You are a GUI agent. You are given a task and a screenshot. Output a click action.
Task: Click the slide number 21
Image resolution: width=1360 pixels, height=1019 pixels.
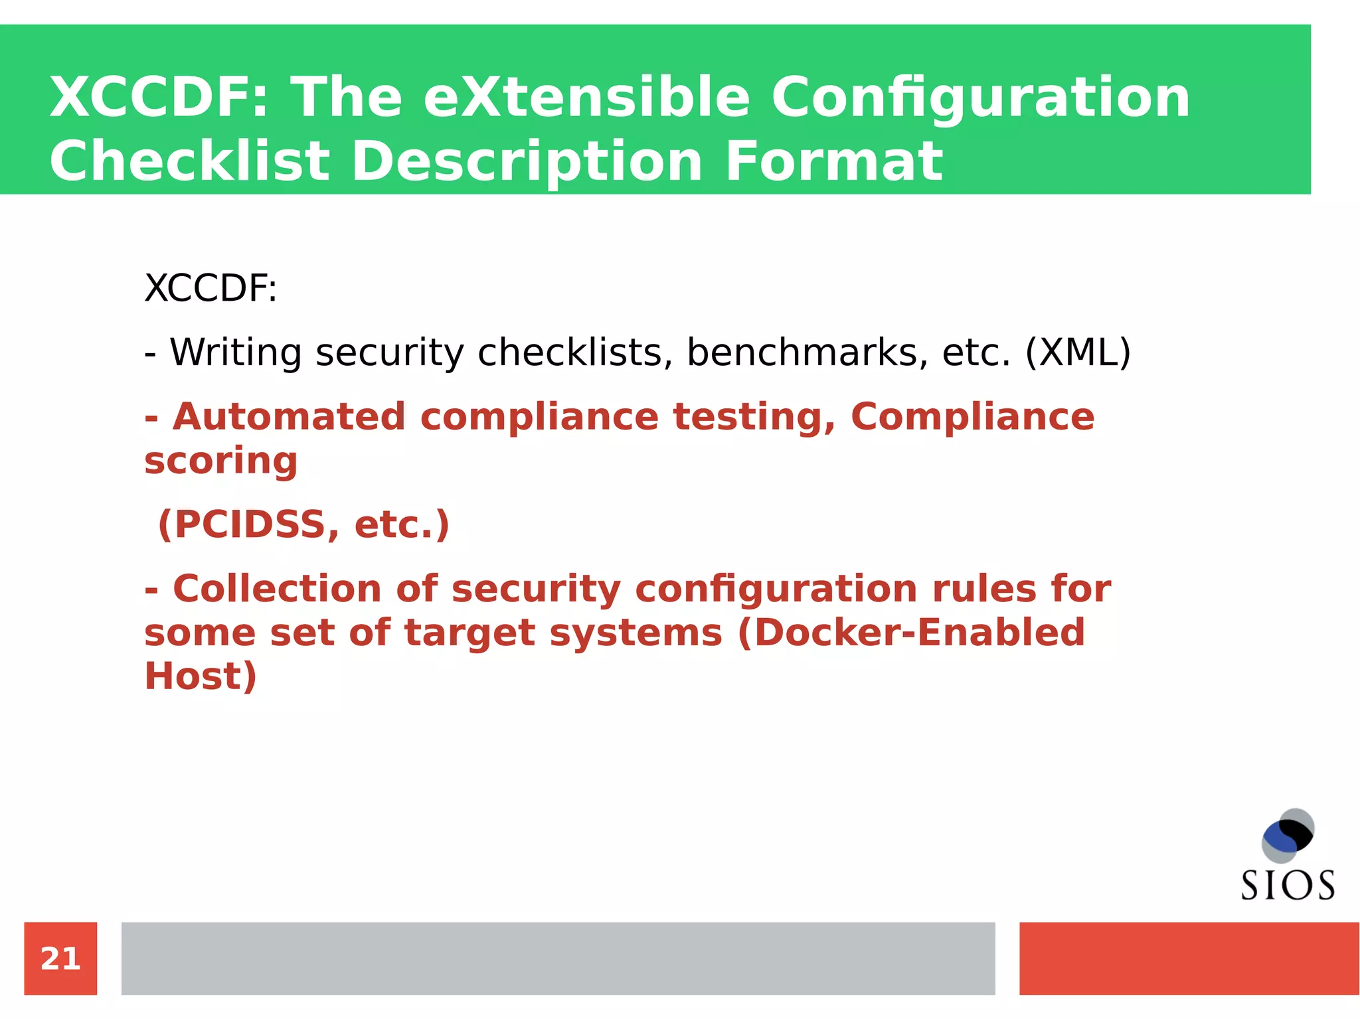coord(60,959)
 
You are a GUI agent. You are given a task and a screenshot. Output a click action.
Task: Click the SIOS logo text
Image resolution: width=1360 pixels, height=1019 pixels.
coord(1288,886)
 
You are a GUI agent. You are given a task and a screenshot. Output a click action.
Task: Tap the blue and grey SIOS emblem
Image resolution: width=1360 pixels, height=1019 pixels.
coord(1288,835)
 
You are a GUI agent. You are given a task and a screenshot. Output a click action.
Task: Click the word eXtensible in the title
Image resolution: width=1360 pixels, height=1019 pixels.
coord(586,97)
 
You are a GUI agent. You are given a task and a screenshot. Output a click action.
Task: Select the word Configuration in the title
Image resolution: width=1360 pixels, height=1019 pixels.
coord(980,97)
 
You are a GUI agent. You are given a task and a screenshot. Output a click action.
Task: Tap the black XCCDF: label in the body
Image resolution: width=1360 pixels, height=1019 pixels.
coord(211,288)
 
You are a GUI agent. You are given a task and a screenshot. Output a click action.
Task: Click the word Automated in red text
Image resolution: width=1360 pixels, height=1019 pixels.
coord(289,417)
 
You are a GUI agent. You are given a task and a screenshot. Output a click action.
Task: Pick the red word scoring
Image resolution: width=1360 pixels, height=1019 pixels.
coord(221,461)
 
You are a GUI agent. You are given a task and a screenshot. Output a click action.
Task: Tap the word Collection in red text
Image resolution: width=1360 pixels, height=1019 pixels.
coord(277,589)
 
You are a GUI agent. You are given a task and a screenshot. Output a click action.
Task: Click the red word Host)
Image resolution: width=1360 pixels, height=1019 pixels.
coord(201,676)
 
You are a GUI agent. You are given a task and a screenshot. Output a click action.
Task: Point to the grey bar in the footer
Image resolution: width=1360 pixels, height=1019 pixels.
coord(558,958)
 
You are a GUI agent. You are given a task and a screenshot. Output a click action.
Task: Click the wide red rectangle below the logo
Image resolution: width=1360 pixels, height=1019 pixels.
coord(1189,958)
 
